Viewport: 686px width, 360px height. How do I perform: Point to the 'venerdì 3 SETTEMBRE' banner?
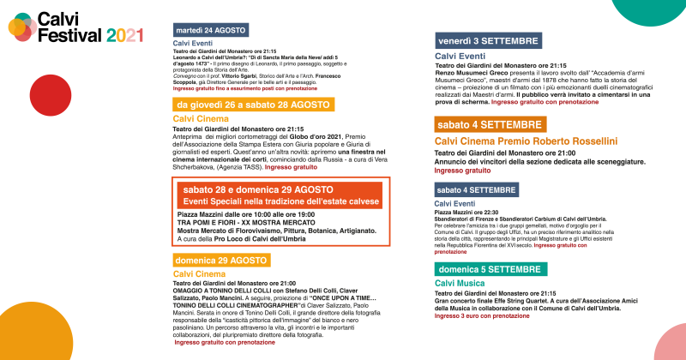click(488, 41)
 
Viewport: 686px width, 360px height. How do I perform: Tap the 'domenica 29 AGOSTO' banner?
click(221, 260)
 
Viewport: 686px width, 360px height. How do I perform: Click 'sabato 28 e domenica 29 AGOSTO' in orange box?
click(258, 189)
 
